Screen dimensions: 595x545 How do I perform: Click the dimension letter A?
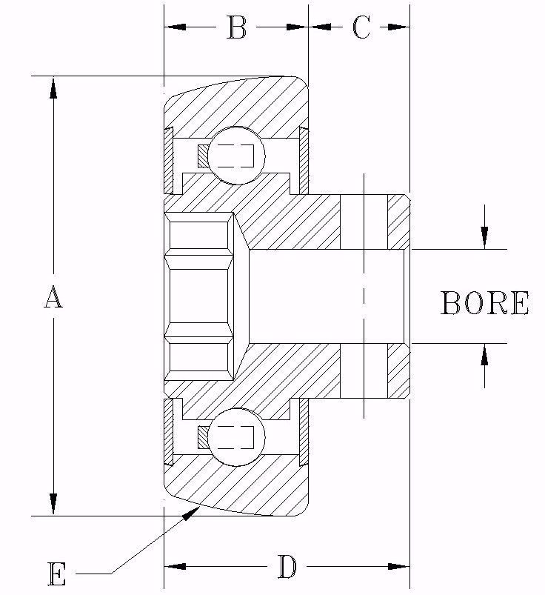[x=52, y=298]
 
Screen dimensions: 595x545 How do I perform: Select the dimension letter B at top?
[x=236, y=28]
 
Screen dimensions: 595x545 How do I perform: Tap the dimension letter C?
[x=361, y=28]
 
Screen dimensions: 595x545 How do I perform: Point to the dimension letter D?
[x=287, y=568]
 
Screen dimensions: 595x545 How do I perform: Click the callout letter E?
[x=57, y=574]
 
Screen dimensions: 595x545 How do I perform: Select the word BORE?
[x=485, y=304]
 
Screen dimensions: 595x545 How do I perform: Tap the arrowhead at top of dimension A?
[x=53, y=87]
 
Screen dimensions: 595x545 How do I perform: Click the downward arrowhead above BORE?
[x=484, y=237]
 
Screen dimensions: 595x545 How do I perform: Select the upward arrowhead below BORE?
[x=484, y=356]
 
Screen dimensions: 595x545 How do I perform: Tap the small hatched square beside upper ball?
[x=202, y=156]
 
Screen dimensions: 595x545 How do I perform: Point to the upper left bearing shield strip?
[x=169, y=159]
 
